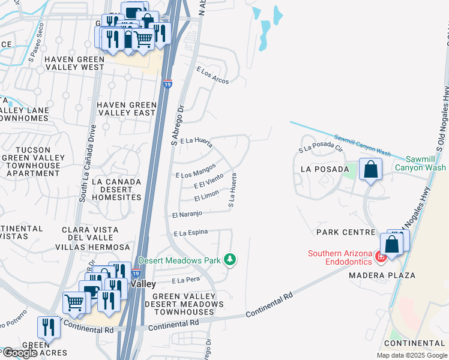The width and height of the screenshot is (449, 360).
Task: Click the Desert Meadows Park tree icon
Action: (x=229, y=260)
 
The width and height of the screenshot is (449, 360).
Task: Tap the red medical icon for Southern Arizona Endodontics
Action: (x=379, y=257)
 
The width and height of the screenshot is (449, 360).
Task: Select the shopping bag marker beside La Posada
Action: (x=371, y=169)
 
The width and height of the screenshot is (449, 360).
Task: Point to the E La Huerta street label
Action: (x=196, y=142)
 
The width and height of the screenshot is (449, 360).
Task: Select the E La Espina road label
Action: (x=190, y=232)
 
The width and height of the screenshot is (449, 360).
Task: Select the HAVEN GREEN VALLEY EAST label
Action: (x=126, y=109)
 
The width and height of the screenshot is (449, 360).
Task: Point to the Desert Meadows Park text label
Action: (x=179, y=260)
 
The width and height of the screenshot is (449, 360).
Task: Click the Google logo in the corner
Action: (x=20, y=353)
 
